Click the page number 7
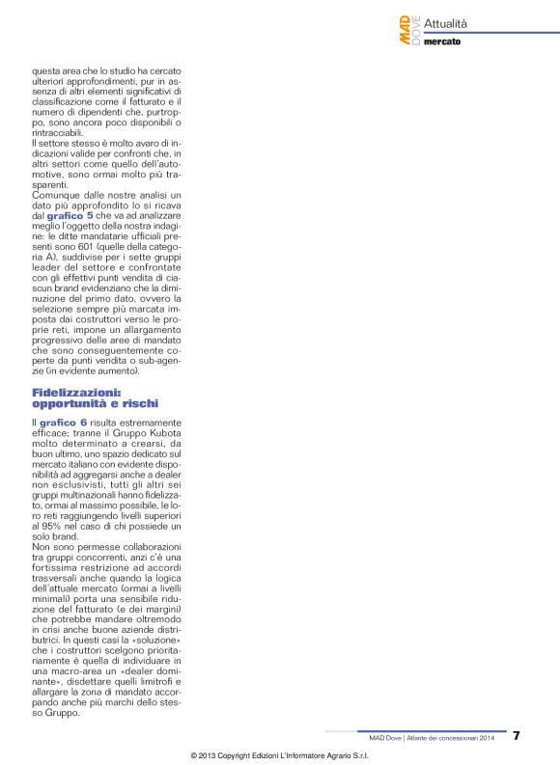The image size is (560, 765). (x=517, y=735)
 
